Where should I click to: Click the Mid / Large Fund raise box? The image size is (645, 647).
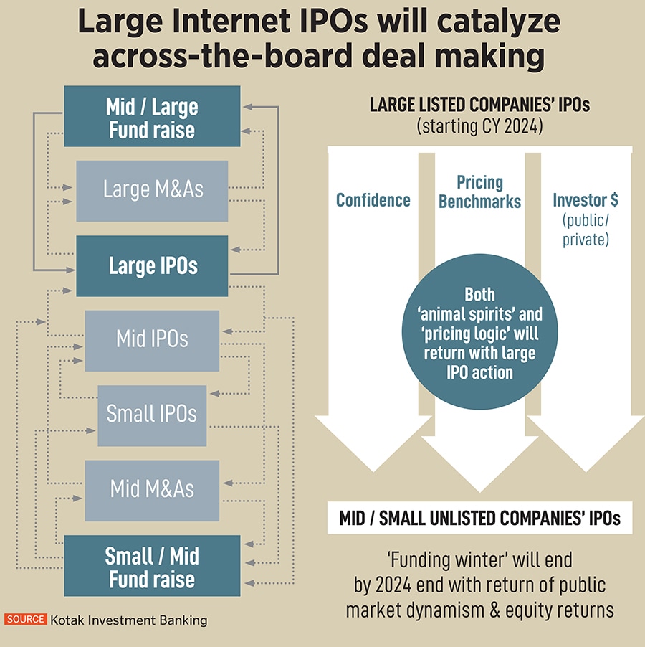(x=152, y=117)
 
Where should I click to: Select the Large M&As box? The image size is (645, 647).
(x=152, y=190)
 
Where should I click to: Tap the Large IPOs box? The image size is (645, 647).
(x=152, y=266)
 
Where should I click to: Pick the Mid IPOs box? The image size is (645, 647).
(x=152, y=339)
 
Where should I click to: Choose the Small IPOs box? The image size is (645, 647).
(x=152, y=415)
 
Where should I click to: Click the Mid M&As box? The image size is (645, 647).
(x=152, y=490)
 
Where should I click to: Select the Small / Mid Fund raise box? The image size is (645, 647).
(x=152, y=567)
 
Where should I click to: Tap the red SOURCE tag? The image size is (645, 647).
(x=26, y=620)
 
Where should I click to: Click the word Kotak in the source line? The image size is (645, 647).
(x=70, y=620)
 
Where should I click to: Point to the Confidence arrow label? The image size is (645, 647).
(x=373, y=199)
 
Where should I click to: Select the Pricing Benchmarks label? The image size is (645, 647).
(x=479, y=192)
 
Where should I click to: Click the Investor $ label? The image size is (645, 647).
(x=586, y=200)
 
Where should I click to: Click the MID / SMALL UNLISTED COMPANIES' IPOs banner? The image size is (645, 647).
(x=479, y=518)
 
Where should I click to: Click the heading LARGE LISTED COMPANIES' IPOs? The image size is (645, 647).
(x=479, y=105)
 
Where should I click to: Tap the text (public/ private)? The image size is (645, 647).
(x=586, y=229)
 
